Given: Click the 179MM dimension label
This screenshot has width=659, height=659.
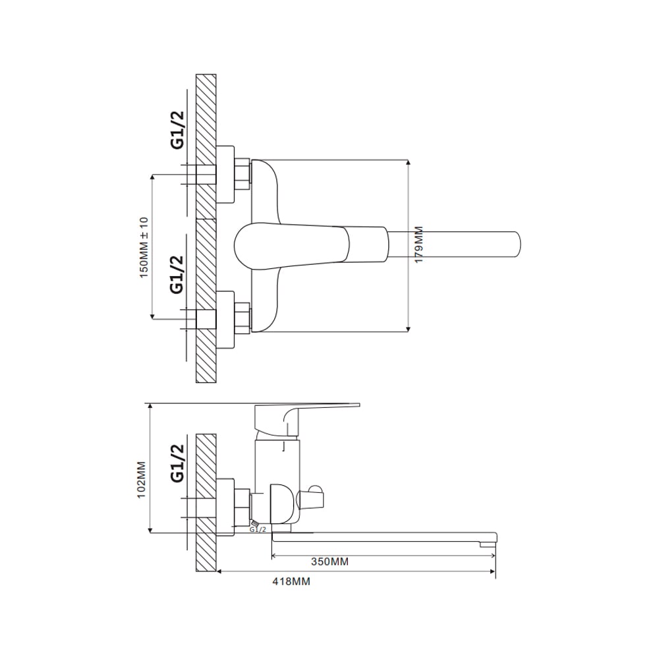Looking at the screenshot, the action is click(419, 245).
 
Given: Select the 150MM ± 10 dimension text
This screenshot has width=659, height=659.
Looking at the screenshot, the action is click(144, 248).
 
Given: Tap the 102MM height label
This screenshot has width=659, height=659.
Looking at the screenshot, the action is click(141, 480).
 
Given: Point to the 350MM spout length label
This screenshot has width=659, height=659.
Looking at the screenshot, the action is click(330, 561).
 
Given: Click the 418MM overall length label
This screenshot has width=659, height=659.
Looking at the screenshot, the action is click(291, 582).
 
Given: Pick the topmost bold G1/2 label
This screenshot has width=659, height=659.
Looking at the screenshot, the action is click(177, 130).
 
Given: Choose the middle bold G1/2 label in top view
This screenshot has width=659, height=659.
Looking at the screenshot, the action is click(177, 275).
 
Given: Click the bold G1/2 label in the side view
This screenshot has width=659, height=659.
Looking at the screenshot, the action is click(177, 463).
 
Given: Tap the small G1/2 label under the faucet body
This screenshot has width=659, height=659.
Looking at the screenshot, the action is click(258, 529).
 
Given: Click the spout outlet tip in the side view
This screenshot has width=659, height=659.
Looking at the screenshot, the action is click(488, 544).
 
